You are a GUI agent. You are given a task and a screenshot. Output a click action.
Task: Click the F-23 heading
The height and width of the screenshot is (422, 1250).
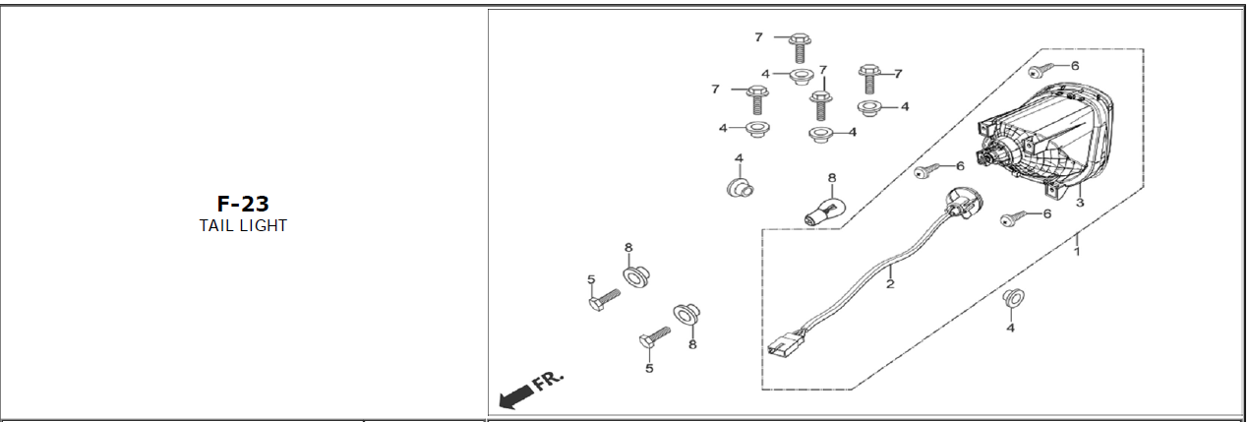243,204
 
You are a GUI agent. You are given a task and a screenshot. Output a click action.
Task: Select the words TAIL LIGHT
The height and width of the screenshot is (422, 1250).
243,225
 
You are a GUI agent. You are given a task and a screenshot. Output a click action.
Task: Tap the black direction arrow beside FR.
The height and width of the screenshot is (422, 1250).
513,397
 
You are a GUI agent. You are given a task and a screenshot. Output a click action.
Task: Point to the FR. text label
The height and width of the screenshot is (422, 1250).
547,382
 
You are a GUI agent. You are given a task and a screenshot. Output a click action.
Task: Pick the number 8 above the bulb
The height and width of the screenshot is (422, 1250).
831,179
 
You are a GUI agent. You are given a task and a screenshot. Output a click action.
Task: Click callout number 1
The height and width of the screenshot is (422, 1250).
1078,252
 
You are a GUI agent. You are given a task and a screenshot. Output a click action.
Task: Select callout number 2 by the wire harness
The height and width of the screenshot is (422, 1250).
889,285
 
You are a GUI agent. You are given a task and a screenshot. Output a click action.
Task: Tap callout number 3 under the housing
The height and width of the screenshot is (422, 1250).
1079,204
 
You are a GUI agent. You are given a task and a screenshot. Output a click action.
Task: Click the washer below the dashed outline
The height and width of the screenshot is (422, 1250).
1011,298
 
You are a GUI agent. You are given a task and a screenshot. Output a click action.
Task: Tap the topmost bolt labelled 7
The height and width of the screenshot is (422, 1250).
798,44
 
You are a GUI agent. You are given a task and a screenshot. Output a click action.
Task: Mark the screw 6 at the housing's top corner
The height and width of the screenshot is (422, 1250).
1040,70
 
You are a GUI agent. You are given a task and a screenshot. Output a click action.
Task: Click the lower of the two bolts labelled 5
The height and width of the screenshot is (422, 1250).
650,339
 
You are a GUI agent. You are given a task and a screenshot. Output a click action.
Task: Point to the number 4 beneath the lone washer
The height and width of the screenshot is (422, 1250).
1010,328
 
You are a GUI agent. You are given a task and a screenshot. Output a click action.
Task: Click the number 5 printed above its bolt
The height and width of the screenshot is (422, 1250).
591,280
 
